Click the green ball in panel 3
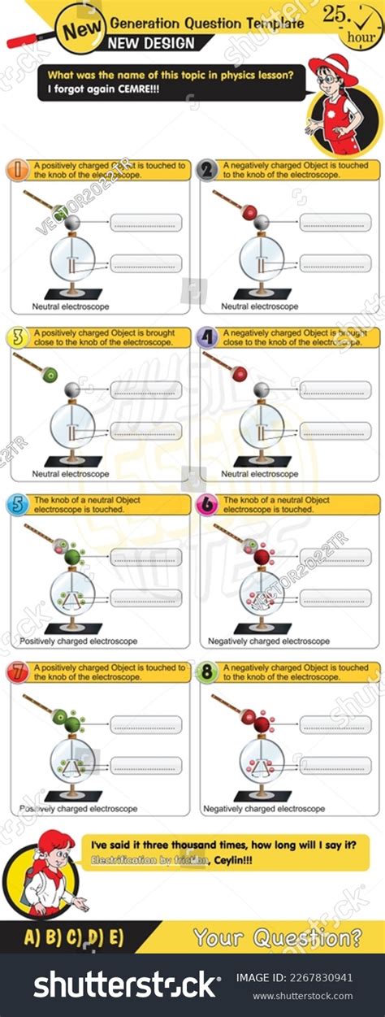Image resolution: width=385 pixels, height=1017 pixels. [50, 374]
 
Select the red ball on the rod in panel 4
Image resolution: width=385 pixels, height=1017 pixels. [240, 374]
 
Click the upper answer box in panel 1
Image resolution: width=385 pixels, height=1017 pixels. [146, 222]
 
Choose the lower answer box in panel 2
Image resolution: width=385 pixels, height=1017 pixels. [335, 263]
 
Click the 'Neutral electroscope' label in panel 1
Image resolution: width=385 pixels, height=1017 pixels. [71, 306]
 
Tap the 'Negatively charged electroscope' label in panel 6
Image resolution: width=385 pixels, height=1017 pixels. [269, 641]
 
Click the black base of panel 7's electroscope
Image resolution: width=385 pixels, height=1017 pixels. [73, 796]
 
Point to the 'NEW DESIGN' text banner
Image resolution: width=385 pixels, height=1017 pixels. [152, 42]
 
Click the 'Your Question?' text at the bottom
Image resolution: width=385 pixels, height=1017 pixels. [277, 937]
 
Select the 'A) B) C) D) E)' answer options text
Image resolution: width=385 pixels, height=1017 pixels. [75, 937]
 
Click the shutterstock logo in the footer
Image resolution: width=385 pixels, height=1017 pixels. [126, 984]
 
